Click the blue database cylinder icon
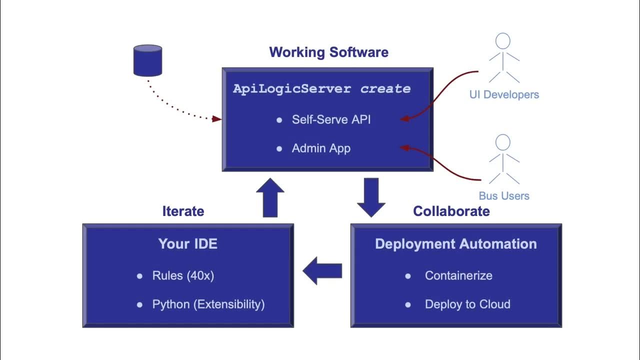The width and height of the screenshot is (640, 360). click(x=147, y=60)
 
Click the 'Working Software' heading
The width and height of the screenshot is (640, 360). click(x=328, y=52)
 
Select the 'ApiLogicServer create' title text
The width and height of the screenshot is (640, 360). click(x=321, y=89)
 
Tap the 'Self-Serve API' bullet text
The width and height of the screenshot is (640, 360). click(x=331, y=119)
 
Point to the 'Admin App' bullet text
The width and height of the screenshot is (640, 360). click(x=321, y=148)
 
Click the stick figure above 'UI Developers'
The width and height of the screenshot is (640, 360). click(x=503, y=57)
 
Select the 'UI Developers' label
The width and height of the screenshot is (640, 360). click(x=504, y=94)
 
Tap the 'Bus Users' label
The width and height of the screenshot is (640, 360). click(x=504, y=195)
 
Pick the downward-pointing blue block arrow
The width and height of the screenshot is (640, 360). click(x=371, y=197)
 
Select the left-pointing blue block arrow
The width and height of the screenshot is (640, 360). click(x=322, y=270)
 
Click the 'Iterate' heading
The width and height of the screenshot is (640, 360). click(x=183, y=211)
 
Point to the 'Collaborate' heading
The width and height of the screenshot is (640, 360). click(x=451, y=211)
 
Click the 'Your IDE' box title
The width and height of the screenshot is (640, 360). click(x=188, y=244)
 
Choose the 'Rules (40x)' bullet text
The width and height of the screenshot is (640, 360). click(x=183, y=275)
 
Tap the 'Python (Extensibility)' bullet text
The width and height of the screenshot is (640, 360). click(x=208, y=304)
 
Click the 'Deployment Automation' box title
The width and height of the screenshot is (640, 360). click(x=455, y=244)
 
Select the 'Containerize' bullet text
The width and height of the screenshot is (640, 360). click(x=458, y=275)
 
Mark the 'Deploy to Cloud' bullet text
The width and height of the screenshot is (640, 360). click(x=467, y=304)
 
